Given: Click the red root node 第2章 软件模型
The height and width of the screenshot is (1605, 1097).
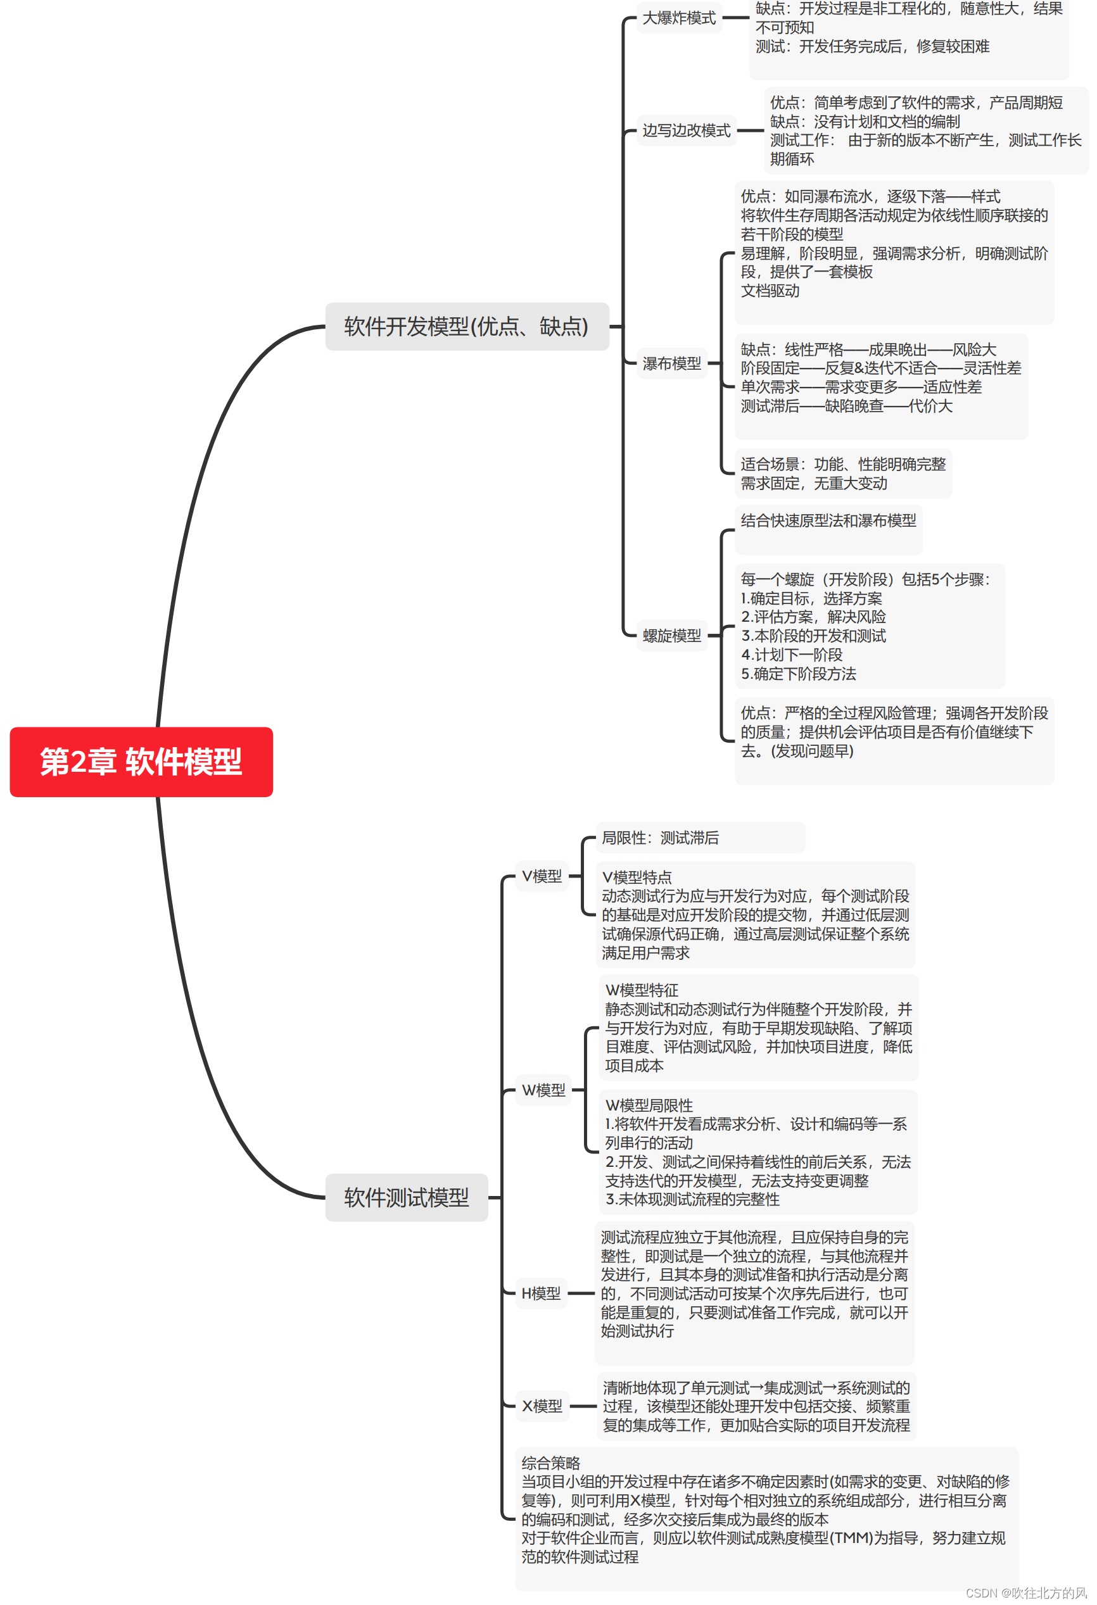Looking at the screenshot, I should coord(141,762).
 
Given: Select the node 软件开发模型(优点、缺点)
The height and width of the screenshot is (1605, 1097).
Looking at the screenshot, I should coord(466,327).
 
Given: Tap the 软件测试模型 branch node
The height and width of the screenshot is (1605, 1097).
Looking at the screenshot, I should coord(406,1197).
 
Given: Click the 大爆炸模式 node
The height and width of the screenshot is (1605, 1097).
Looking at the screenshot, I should coord(678,18).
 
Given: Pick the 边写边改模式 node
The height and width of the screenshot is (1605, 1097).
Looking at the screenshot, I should coord(686,130).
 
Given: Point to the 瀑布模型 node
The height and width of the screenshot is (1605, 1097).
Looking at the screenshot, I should coord(671,363).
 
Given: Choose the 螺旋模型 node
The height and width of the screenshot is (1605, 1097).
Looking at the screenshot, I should coord(671,636).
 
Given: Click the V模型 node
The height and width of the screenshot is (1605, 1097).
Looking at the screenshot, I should coord(542,876).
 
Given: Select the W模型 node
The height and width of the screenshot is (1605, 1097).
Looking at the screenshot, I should coord(543,1090).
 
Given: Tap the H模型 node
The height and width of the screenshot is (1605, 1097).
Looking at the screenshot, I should coord(541,1293).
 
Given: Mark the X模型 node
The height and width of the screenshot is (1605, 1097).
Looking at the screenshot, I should coord(542,1406).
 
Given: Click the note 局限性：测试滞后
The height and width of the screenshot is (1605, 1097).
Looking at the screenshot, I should coord(660,838).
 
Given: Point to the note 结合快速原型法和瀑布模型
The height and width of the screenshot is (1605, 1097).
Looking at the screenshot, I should coord(828,520).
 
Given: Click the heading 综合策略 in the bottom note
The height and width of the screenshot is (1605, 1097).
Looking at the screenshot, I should coord(550,1463).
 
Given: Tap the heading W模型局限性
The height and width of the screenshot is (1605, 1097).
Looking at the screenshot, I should coord(649,1105).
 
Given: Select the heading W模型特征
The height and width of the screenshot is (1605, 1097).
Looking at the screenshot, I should coord(642,990).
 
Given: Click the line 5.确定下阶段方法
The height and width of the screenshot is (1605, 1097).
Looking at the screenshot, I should coord(798,674).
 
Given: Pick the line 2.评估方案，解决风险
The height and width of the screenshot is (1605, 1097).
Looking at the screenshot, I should coord(813,617).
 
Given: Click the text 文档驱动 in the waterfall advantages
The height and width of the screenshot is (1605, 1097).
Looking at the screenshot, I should coord(770,291).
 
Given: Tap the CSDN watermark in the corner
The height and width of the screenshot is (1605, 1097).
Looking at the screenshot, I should coord(1026,1592).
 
